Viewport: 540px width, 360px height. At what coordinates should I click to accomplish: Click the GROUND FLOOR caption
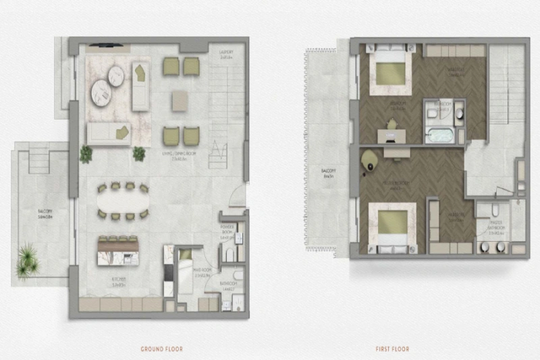(x=161, y=349)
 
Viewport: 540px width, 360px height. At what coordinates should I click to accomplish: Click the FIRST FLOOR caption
(x=393, y=349)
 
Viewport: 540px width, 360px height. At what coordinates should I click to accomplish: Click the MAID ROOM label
(x=186, y=276)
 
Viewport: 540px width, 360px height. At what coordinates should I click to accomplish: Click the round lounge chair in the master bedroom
(x=368, y=159)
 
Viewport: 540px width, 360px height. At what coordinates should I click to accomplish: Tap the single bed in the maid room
(x=186, y=261)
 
